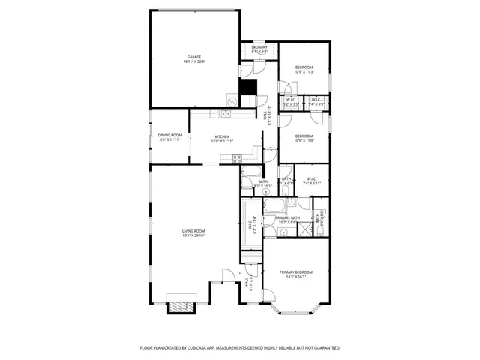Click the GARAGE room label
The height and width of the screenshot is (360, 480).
(x=194, y=57)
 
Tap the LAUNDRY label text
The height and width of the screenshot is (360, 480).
(x=259, y=47)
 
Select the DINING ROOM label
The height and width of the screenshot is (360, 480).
(x=169, y=135)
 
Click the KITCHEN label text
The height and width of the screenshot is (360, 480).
(x=211, y=136)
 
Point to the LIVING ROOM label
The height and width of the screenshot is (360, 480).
(x=193, y=231)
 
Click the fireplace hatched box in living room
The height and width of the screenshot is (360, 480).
(x=180, y=306)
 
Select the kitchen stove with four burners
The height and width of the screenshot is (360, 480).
(x=238, y=158)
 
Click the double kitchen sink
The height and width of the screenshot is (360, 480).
(x=224, y=114)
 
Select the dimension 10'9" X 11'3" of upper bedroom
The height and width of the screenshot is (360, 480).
(x=304, y=73)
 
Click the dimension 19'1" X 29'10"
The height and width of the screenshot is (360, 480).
(x=193, y=235)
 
